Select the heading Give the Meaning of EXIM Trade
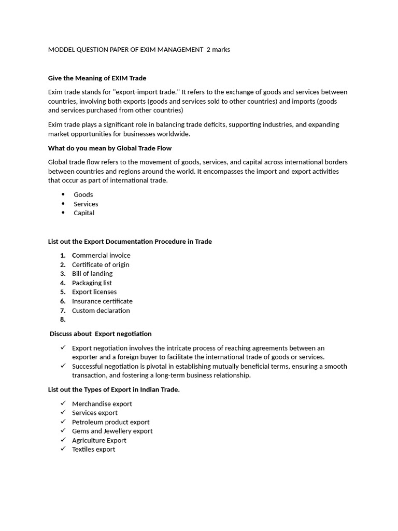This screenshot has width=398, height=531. pos(97,78)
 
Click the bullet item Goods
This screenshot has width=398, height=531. pos(83,195)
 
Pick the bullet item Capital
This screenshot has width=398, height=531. pos(83,213)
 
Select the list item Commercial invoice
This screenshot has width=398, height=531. pos(101,256)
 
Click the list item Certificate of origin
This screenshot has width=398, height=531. pos(101,265)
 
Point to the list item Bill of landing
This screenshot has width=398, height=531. pos(92,274)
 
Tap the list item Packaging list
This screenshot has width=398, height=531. pos(92,283)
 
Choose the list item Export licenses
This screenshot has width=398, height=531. pos(94,292)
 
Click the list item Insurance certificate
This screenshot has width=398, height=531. pos(102,301)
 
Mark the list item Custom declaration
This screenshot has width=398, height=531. pos(101,311)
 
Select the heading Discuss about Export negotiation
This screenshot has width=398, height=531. pos(101,334)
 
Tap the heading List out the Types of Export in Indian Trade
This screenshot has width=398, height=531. pos(113,390)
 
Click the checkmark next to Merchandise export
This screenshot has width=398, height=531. pos(63,403)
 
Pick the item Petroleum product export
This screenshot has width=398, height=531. pos(110,422)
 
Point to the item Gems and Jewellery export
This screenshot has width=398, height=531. pos(112,431)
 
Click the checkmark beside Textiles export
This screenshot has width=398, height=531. pos(63,449)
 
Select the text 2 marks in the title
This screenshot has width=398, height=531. pos(218,50)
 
